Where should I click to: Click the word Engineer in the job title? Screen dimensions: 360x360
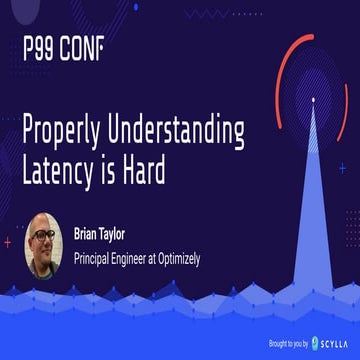pos(150,258)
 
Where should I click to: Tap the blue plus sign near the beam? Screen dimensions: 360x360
pos(341,168)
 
